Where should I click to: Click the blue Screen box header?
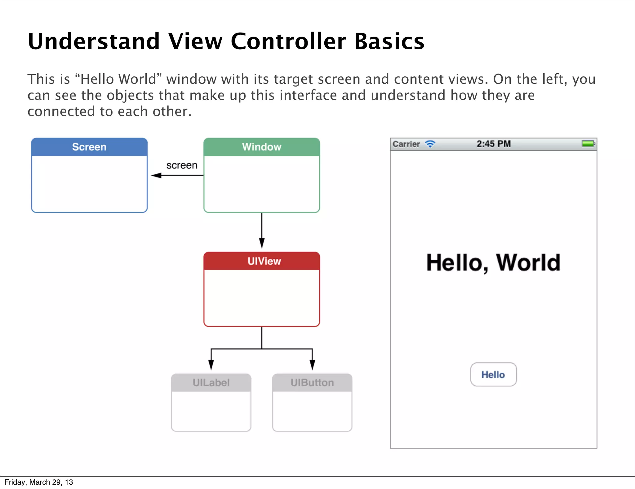[89, 147]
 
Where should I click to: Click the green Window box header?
[262, 147]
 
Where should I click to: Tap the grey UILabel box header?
[211, 383]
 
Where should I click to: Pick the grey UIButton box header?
[312, 383]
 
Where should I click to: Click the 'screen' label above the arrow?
[182, 165]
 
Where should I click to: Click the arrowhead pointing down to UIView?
[262, 243]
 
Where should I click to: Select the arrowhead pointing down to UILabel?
[211, 365]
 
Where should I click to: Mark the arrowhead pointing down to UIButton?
[312, 365]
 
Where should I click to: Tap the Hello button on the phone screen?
[493, 375]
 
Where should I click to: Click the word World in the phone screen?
[528, 263]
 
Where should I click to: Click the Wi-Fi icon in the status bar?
[430, 144]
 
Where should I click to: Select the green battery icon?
[588, 143]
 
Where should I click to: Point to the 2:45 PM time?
[494, 144]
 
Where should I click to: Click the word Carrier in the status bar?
[406, 144]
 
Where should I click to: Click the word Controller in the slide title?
[288, 41]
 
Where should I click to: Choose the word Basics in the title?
[389, 41]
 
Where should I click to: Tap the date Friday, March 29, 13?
[39, 482]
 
